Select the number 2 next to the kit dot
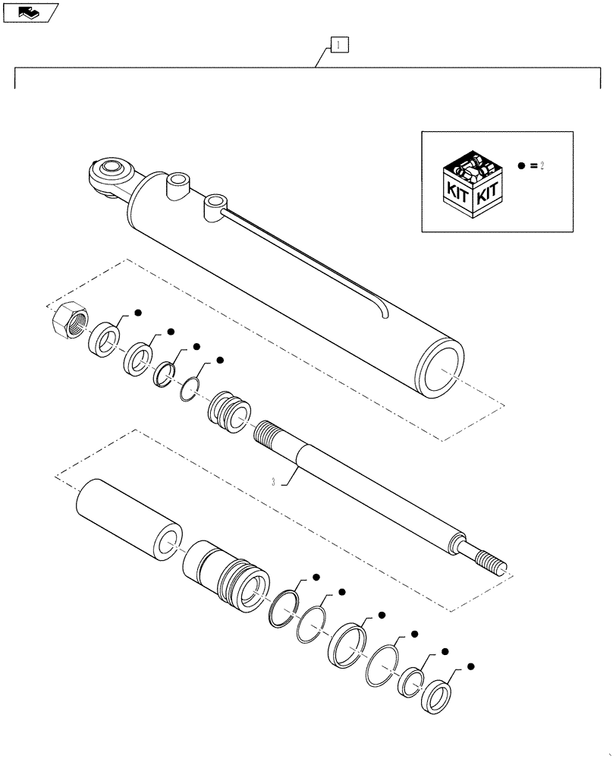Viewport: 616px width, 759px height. (x=542, y=165)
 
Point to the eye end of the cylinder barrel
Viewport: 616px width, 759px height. (x=108, y=176)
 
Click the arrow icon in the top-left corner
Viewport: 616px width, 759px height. (x=29, y=11)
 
